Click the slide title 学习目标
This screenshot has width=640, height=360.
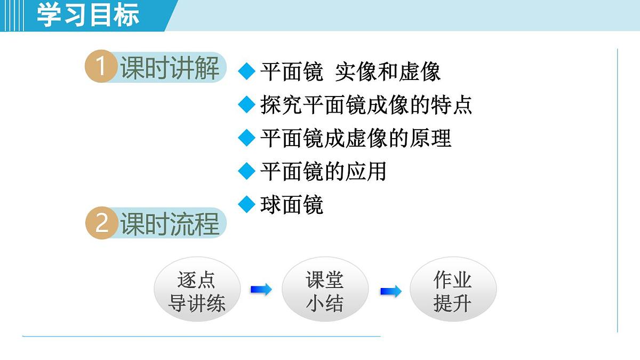click(x=88, y=15)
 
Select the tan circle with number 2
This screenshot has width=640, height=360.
click(x=101, y=223)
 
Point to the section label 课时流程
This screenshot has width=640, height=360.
click(x=170, y=223)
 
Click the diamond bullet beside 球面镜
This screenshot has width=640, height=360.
click(x=246, y=204)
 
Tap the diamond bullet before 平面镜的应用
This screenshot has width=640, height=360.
click(x=246, y=171)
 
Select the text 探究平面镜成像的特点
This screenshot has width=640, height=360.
click(x=366, y=105)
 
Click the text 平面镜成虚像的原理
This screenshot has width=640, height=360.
click(x=356, y=138)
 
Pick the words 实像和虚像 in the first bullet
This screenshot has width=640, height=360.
click(x=388, y=72)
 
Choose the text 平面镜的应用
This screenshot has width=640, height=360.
click(x=323, y=171)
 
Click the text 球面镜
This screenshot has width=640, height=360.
click(x=292, y=204)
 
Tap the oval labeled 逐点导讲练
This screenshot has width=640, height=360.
click(x=197, y=291)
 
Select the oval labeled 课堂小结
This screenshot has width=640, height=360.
click(x=325, y=291)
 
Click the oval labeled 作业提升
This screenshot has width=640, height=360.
click(x=453, y=291)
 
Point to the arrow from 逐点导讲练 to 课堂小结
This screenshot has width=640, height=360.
click(x=261, y=290)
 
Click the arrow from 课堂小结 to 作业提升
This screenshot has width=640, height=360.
click(x=390, y=291)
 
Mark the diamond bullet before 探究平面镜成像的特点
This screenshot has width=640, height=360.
click(x=246, y=105)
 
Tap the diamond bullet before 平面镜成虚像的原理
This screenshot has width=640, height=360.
click(x=246, y=138)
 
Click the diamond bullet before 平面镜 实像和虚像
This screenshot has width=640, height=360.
click(x=246, y=72)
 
